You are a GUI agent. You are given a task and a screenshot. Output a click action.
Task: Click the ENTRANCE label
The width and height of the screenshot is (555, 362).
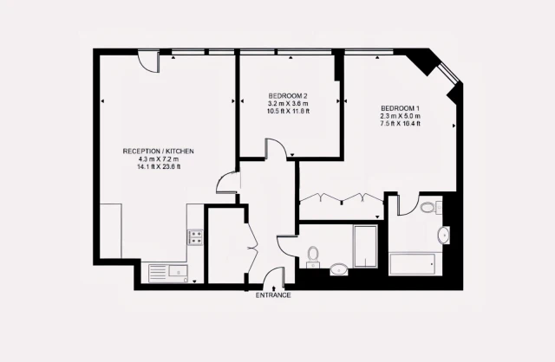273,295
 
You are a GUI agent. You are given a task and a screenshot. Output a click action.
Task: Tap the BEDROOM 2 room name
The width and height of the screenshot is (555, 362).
288,96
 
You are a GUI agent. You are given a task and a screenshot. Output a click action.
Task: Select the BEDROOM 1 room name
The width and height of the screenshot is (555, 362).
401,108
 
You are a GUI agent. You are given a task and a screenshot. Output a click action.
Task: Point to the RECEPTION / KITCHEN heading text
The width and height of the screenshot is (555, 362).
158,152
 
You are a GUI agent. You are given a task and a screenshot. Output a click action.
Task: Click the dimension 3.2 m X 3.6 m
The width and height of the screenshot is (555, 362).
288,104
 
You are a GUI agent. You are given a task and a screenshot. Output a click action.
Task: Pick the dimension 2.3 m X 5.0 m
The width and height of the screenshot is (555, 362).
401,116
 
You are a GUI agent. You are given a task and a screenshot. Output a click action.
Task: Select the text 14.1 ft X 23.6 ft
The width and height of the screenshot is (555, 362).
159,167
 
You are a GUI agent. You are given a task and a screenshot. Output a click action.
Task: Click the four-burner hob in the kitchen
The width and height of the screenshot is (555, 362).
195,236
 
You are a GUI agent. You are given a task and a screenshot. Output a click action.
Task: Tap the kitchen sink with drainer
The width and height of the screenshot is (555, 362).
168,274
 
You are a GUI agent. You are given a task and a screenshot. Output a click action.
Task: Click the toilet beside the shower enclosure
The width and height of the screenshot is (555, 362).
313,257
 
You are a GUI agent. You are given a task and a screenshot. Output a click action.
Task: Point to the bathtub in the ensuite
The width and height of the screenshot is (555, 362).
412,264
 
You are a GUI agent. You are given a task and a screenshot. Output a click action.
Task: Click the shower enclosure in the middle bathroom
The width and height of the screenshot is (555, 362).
365,247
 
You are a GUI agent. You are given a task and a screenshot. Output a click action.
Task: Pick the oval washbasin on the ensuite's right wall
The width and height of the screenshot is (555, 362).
443,235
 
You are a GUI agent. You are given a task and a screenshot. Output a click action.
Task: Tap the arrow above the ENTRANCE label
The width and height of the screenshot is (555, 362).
274,289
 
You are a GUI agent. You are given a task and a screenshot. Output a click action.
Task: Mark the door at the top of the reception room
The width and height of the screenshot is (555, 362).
148,62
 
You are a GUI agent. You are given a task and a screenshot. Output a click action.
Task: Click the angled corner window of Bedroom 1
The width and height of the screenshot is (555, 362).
449,74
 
